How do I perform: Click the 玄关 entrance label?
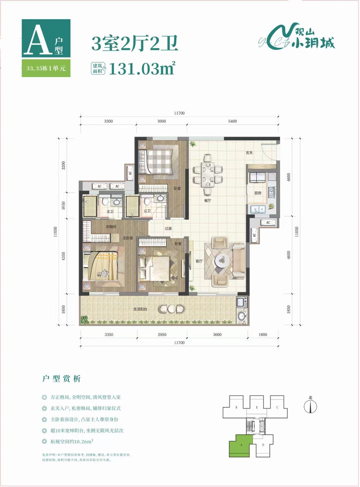click(249, 153)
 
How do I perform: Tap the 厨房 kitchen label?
click(258, 193)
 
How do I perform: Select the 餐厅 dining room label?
click(208, 201)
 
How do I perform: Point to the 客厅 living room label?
click(199, 261)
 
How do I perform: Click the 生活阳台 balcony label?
click(140, 309)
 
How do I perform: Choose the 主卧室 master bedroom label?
click(128, 238)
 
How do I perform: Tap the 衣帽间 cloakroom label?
click(111, 227)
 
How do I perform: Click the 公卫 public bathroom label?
click(147, 211)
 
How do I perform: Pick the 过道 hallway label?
click(168, 229)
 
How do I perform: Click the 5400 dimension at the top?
click(232, 121)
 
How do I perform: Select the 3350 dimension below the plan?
click(109, 334)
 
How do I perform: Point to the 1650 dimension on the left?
click(63, 206)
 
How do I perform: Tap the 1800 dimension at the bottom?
click(263, 334)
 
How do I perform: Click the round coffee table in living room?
click(222, 260)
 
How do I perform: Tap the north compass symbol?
click(310, 406)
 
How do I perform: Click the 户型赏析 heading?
click(61, 379)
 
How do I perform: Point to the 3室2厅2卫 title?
click(135, 44)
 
